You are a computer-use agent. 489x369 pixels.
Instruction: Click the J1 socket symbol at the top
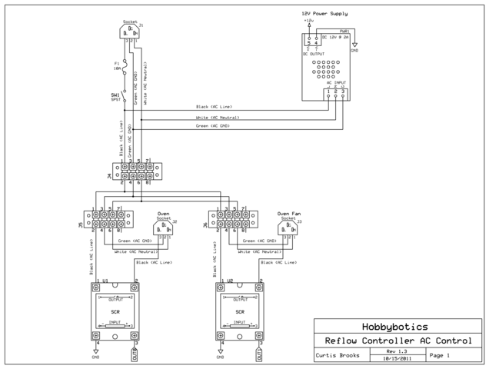point(131,32)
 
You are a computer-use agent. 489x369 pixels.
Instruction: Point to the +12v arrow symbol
point(309,23)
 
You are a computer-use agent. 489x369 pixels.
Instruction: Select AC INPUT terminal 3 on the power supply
point(343,93)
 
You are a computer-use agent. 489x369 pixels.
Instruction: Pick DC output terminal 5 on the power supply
point(309,42)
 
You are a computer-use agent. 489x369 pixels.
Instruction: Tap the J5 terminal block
point(108,220)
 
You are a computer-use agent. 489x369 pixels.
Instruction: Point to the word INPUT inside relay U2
point(241,323)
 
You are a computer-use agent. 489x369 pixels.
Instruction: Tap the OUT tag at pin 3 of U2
point(260,354)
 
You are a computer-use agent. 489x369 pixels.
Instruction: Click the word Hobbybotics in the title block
point(397,326)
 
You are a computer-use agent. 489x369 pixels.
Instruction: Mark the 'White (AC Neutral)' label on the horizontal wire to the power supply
point(218,117)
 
